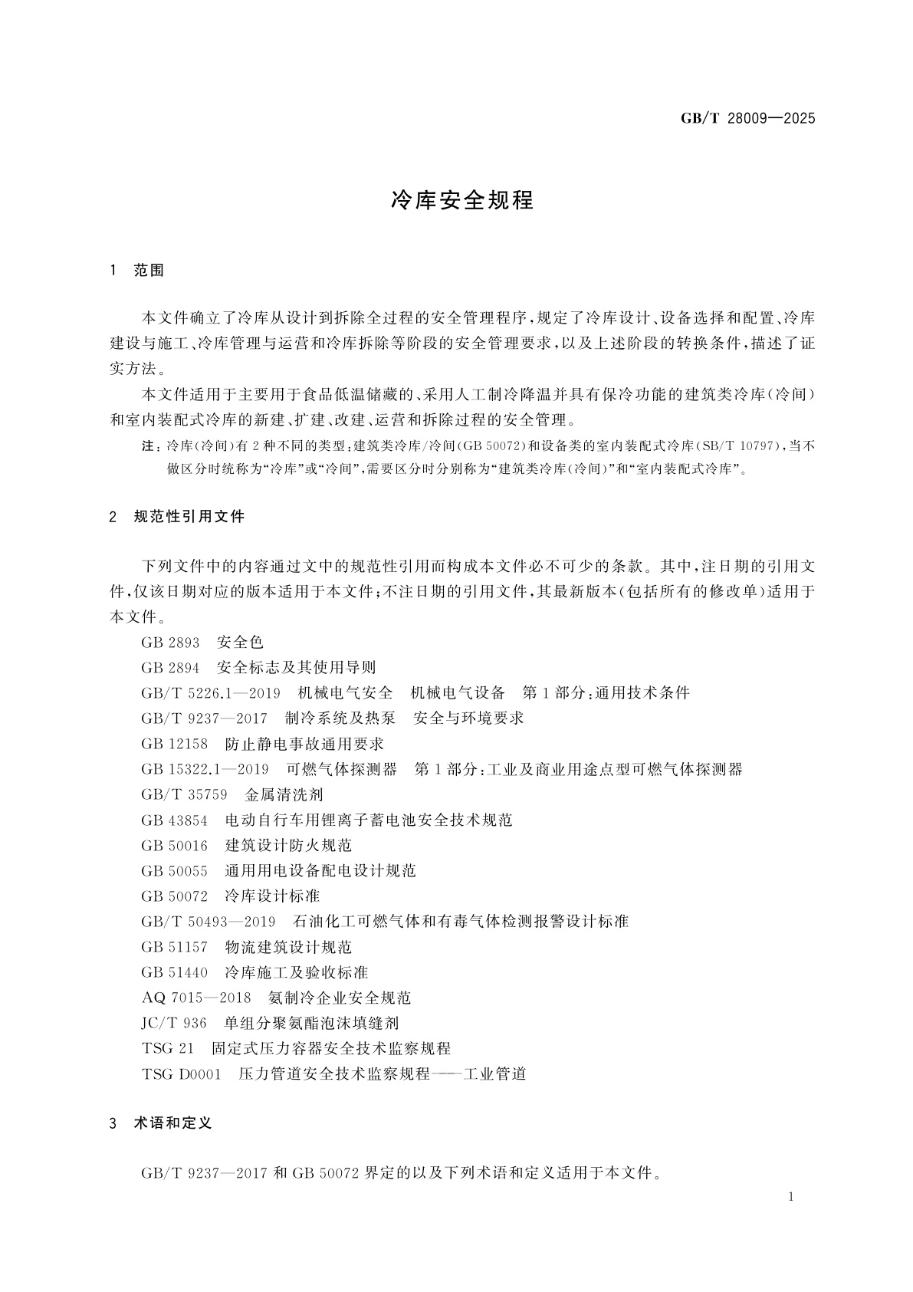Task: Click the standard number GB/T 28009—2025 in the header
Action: tap(748, 118)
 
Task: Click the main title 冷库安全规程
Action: tap(462, 201)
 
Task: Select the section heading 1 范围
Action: tap(138, 271)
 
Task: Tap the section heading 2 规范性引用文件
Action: tap(178, 517)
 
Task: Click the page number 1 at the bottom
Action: tap(792, 1197)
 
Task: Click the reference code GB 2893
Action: tap(170, 643)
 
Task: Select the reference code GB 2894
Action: tap(170, 668)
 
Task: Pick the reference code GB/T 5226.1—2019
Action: tap(211, 693)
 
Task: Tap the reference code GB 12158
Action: tap(174, 744)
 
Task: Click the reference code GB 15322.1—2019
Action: tap(205, 769)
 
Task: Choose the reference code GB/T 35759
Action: tap(184, 794)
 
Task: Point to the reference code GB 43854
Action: tap(174, 820)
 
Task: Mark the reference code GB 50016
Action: tap(174, 845)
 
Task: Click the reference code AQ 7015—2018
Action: tap(196, 998)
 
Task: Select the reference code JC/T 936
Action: tap(174, 1023)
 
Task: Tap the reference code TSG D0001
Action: tap(181, 1073)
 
